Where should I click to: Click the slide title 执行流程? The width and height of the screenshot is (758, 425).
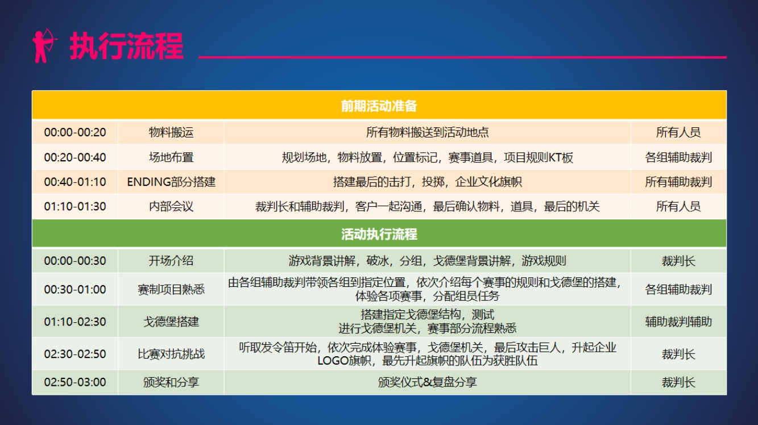[x=127, y=46]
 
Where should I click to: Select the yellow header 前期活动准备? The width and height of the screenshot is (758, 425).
[x=379, y=106]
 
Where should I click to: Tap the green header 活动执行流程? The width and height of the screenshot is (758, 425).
[x=379, y=234]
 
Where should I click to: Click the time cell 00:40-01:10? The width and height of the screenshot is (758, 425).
[x=75, y=182]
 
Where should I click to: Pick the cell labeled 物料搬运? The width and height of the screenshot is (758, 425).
[x=171, y=132]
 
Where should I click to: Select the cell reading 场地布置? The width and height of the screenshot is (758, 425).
[x=171, y=157]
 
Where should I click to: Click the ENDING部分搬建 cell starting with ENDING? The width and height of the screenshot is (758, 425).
[x=171, y=182]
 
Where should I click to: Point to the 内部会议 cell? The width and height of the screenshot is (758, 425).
[x=171, y=207]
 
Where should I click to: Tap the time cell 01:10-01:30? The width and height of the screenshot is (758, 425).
[x=75, y=207]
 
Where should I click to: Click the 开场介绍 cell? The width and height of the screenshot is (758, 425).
[x=171, y=261]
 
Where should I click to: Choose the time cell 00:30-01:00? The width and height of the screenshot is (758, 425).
[x=75, y=289]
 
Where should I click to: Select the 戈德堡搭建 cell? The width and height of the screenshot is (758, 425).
[x=171, y=322]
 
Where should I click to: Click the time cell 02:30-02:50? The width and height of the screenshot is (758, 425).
[x=75, y=354]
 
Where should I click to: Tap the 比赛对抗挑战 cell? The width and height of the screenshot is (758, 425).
[x=171, y=354]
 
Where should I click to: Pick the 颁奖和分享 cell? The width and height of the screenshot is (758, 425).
[x=171, y=382]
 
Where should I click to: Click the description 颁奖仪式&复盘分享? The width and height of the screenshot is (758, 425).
[x=427, y=382]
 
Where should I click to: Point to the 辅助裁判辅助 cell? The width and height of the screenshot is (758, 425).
[x=678, y=322]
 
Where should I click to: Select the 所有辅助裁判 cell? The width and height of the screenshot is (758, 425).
[x=678, y=182]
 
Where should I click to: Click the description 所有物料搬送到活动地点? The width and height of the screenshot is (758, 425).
[x=427, y=132]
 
